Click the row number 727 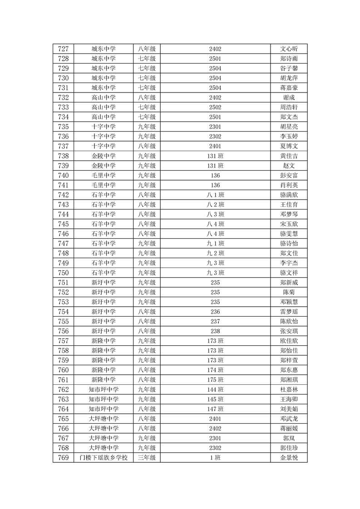coord(64,49)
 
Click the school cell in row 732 coord(104,98)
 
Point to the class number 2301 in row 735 coord(215,127)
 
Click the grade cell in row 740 coord(147,176)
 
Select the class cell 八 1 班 coord(215,195)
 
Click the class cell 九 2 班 coord(215,253)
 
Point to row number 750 coord(64,273)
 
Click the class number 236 coord(215,312)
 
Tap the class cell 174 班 coord(215,370)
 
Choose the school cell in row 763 coord(104,399)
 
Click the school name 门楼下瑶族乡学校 coord(104,458)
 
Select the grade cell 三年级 coord(147,458)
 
